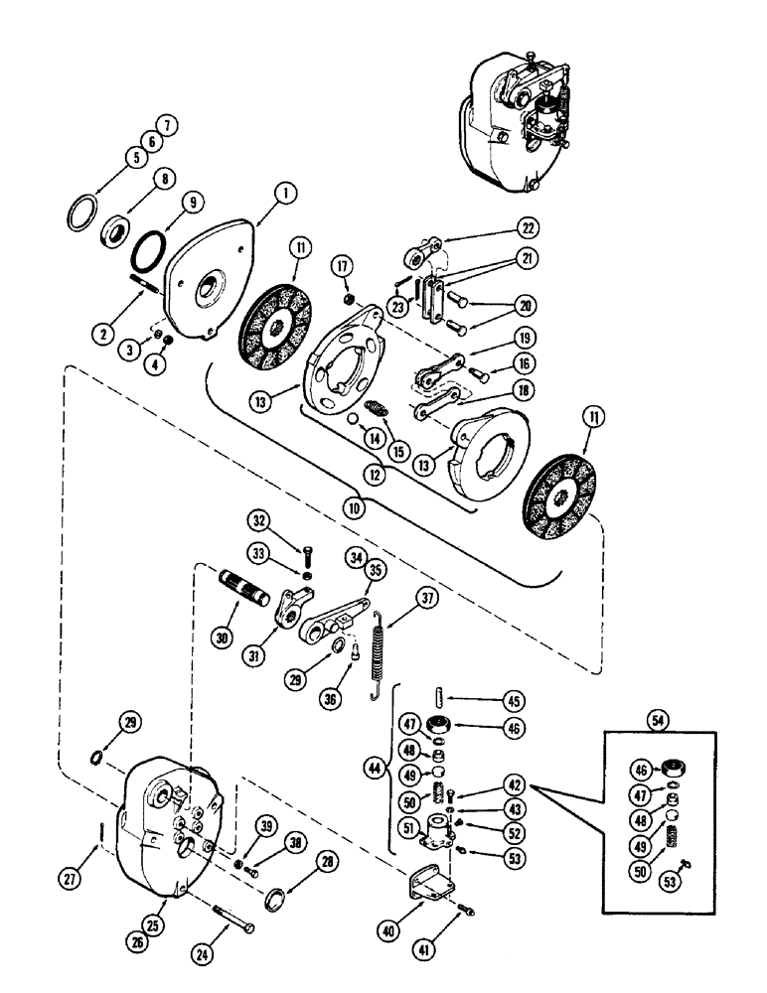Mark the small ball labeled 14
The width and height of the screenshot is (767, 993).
pyautogui.click(x=352, y=419)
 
